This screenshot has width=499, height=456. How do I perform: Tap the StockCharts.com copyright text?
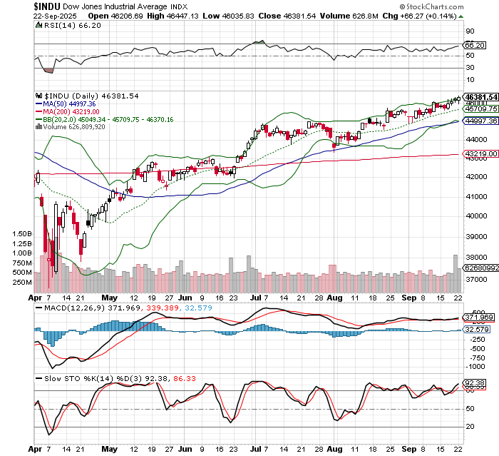(460, 6)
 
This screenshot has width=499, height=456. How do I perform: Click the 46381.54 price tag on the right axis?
(480, 96)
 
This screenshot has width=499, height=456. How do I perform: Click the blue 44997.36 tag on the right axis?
(480, 121)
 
